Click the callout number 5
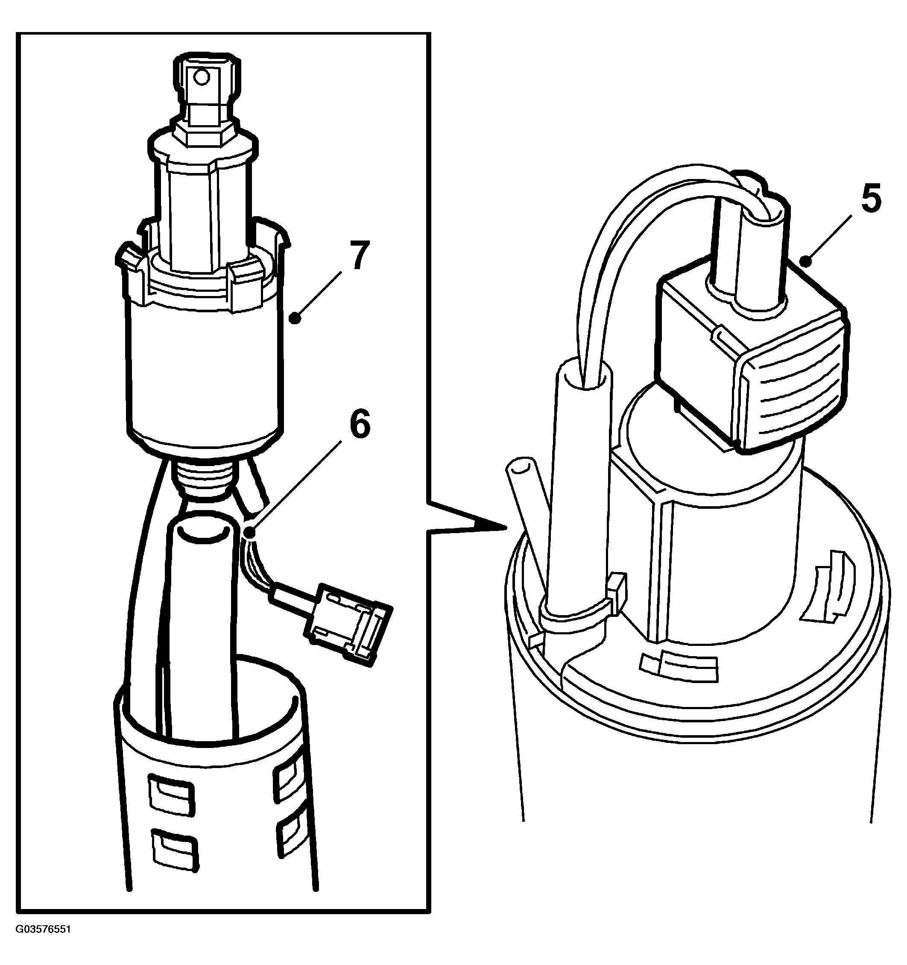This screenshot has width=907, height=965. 871,200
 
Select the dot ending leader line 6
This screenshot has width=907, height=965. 250,534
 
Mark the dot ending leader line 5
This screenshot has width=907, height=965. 806,263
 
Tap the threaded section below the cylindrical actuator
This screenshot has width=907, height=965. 204,478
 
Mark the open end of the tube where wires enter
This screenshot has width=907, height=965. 585,375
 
